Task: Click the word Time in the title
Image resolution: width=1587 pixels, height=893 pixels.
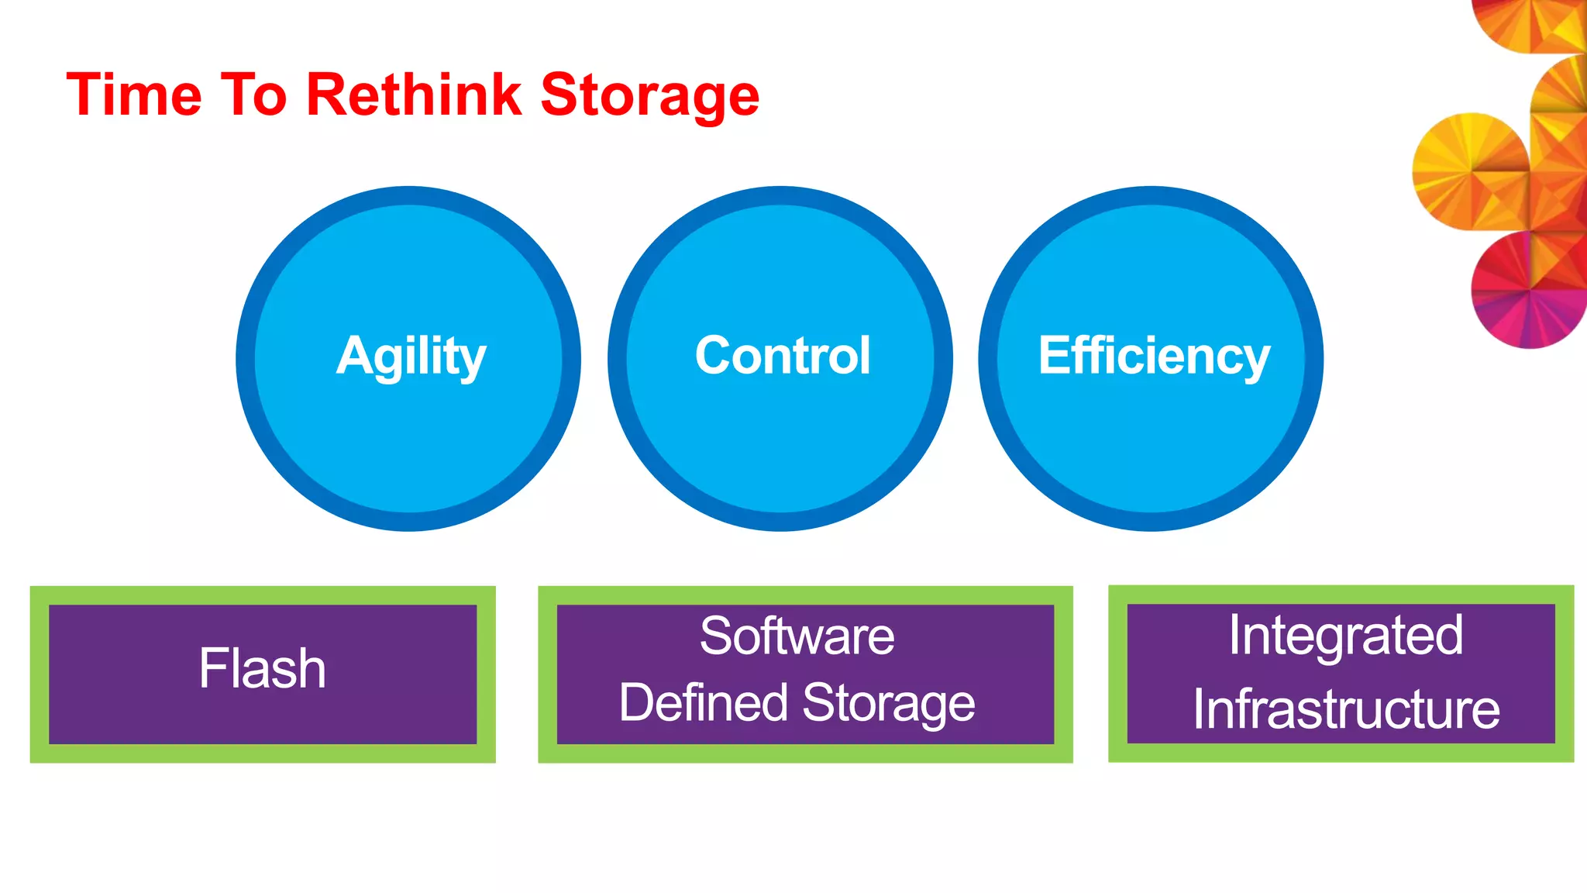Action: (x=134, y=95)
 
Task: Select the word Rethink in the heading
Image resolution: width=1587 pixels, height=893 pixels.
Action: (x=414, y=95)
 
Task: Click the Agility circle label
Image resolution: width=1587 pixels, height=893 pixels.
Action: (x=411, y=357)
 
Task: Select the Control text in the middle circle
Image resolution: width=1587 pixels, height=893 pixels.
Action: (x=783, y=356)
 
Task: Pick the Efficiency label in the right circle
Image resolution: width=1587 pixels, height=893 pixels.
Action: (x=1154, y=357)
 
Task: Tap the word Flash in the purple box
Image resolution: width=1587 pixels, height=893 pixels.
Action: (x=262, y=668)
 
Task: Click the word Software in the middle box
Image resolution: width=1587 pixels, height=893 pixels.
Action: (x=797, y=636)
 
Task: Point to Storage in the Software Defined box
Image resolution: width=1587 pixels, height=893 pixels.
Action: (x=888, y=703)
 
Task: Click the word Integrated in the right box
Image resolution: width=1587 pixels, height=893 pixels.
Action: (x=1345, y=636)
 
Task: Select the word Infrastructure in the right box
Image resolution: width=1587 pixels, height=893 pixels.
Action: (x=1345, y=709)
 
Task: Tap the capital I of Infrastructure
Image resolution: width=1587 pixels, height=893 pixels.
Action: (x=1198, y=709)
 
